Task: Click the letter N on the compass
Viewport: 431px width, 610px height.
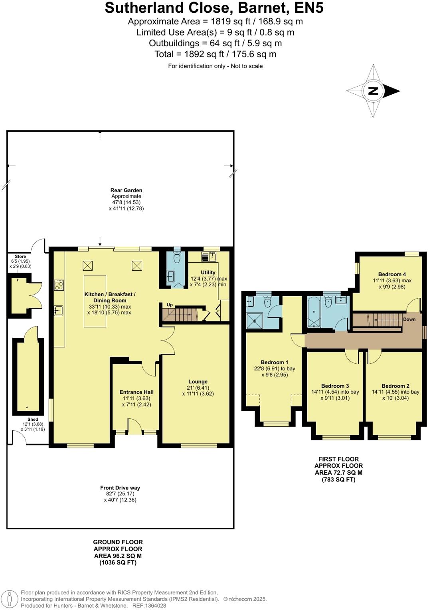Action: coord(373,91)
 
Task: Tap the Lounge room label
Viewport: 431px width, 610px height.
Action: coord(198,382)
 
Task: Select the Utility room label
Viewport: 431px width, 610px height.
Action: coord(208,272)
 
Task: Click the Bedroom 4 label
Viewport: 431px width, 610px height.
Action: coord(392,274)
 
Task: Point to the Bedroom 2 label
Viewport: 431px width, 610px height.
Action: coord(395,386)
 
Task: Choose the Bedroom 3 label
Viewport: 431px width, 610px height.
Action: coord(335,386)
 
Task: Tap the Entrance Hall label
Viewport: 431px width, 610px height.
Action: coord(136,392)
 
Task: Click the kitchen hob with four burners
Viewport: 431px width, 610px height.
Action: coord(59,285)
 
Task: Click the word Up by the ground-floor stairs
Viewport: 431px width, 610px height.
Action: coord(170,305)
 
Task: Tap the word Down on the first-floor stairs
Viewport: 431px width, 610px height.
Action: coord(409,319)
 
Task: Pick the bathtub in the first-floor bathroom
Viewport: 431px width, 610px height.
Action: coord(314,312)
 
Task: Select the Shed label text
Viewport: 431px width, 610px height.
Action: coord(33,419)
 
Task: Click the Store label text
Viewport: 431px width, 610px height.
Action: coord(20,256)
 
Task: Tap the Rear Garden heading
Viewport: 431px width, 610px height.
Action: coord(126,190)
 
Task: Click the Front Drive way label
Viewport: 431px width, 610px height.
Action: coord(120,488)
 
